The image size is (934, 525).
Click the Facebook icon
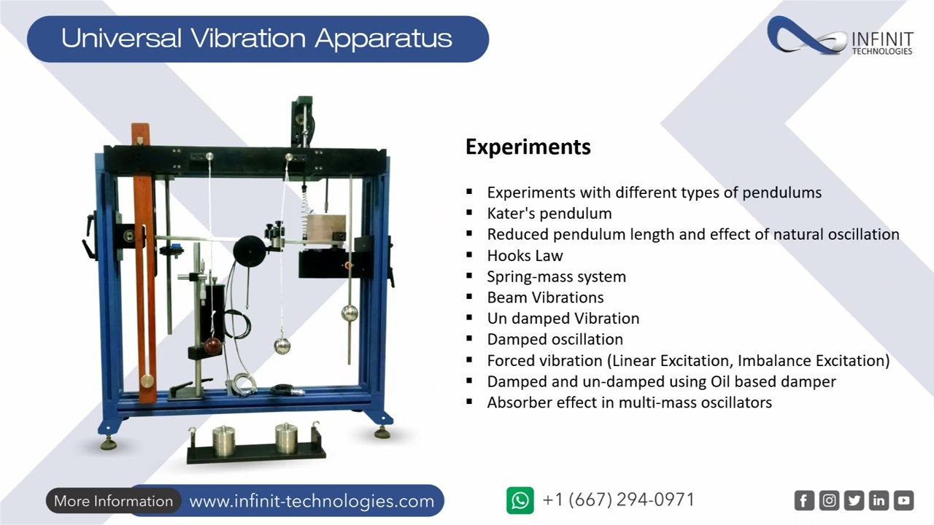[803, 500]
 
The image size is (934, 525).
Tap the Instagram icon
[829, 500]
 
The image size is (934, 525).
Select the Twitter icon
[854, 500]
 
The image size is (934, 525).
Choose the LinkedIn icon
[879, 500]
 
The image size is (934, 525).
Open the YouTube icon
[903, 500]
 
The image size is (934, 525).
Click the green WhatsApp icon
[520, 500]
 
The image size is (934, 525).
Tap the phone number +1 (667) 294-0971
[619, 499]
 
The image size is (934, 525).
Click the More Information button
[113, 501]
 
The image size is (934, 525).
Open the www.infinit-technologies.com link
[312, 501]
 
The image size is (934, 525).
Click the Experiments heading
[528, 147]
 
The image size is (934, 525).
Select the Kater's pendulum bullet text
[549, 214]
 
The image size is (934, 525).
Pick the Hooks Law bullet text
[525, 255]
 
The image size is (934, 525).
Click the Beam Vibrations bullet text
[545, 297]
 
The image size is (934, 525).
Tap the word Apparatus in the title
[383, 38]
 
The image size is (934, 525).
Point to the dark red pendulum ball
[213, 346]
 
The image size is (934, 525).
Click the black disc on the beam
[248, 251]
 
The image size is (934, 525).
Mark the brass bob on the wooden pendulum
[147, 381]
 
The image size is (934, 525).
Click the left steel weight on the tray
[224, 439]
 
